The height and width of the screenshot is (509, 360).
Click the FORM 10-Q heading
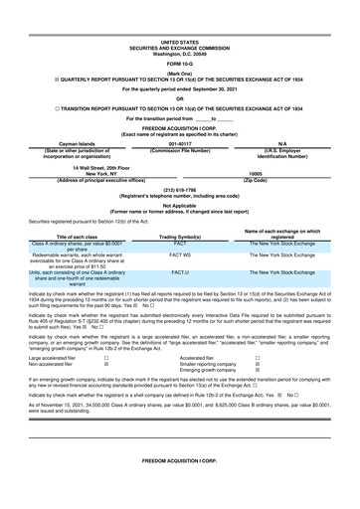(x=180, y=65)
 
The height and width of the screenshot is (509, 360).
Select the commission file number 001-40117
(x=180, y=143)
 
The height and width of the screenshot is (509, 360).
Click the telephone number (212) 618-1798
(x=180, y=188)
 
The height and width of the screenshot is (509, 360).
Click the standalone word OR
(x=180, y=97)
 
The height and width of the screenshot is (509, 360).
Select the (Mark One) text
(x=180, y=75)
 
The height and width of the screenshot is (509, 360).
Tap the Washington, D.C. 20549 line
(x=180, y=53)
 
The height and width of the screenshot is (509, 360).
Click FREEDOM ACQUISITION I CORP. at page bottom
(x=180, y=463)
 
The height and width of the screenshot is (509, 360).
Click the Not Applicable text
(x=180, y=206)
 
